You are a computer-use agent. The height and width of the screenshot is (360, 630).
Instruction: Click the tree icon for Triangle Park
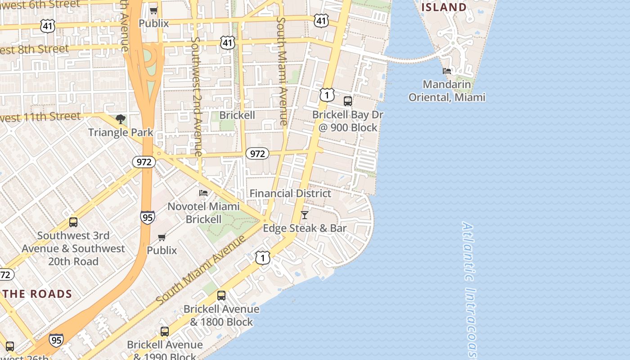[x=120, y=119]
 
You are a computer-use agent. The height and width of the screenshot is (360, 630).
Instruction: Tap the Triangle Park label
[x=121, y=132]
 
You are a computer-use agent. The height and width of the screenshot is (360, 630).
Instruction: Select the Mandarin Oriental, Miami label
[x=447, y=91]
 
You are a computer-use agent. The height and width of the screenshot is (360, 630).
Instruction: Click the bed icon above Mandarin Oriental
[x=447, y=71]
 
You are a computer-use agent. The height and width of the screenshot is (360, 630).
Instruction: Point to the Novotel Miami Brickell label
[x=203, y=213]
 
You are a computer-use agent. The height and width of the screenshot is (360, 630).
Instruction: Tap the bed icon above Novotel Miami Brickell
[x=203, y=193]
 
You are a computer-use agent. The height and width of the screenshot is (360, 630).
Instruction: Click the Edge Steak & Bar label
[x=305, y=228]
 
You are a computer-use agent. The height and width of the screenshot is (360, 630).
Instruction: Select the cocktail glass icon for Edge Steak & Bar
[x=305, y=215]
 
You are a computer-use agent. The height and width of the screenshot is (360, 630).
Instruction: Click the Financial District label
[x=290, y=193]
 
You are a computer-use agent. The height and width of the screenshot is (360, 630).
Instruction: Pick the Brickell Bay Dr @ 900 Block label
[x=348, y=121]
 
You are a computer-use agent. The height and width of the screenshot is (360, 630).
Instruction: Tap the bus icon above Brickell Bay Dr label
[x=348, y=101]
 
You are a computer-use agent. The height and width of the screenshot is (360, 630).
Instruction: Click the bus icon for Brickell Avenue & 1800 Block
[x=221, y=296]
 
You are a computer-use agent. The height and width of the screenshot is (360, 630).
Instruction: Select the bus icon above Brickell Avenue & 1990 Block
[x=165, y=332]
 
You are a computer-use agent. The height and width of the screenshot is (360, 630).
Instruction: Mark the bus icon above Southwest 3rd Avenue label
[x=73, y=222]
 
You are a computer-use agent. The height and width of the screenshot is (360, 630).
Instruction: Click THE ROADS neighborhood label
[x=38, y=294]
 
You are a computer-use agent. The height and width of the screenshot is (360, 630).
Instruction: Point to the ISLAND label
[x=444, y=7]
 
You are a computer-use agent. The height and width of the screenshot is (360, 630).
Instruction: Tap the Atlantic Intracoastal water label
[x=469, y=288]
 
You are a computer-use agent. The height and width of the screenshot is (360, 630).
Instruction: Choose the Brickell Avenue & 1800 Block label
[x=221, y=315]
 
